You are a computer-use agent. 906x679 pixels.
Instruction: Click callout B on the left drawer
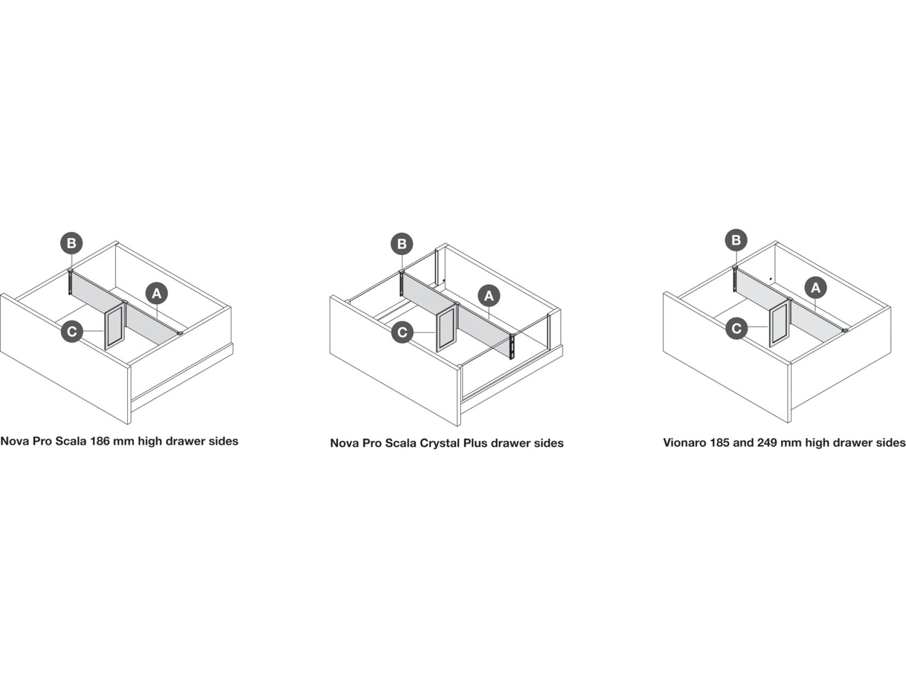pyautogui.click(x=71, y=243)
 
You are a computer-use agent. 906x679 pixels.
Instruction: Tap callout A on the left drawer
pyautogui.click(x=157, y=293)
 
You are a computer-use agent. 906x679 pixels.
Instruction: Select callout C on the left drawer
pyautogui.click(x=72, y=331)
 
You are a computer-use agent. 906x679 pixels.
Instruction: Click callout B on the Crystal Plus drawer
pyautogui.click(x=402, y=244)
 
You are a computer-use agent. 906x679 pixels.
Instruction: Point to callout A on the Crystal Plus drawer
pyautogui.click(x=489, y=296)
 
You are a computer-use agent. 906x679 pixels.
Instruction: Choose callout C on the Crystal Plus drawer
pyautogui.click(x=402, y=332)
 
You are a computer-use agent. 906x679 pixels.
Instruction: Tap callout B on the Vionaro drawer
pyautogui.click(x=736, y=240)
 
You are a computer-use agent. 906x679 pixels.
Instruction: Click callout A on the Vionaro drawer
pyautogui.click(x=815, y=288)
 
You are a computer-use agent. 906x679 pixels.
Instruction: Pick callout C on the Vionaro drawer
pyautogui.click(x=736, y=328)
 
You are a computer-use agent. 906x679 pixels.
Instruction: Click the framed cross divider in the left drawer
pyautogui.click(x=114, y=327)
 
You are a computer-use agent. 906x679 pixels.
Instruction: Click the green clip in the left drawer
pyautogui.click(x=180, y=332)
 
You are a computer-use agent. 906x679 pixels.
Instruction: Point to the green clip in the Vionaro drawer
pyautogui.click(x=845, y=330)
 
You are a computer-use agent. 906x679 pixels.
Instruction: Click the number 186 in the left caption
pyautogui.click(x=100, y=441)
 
